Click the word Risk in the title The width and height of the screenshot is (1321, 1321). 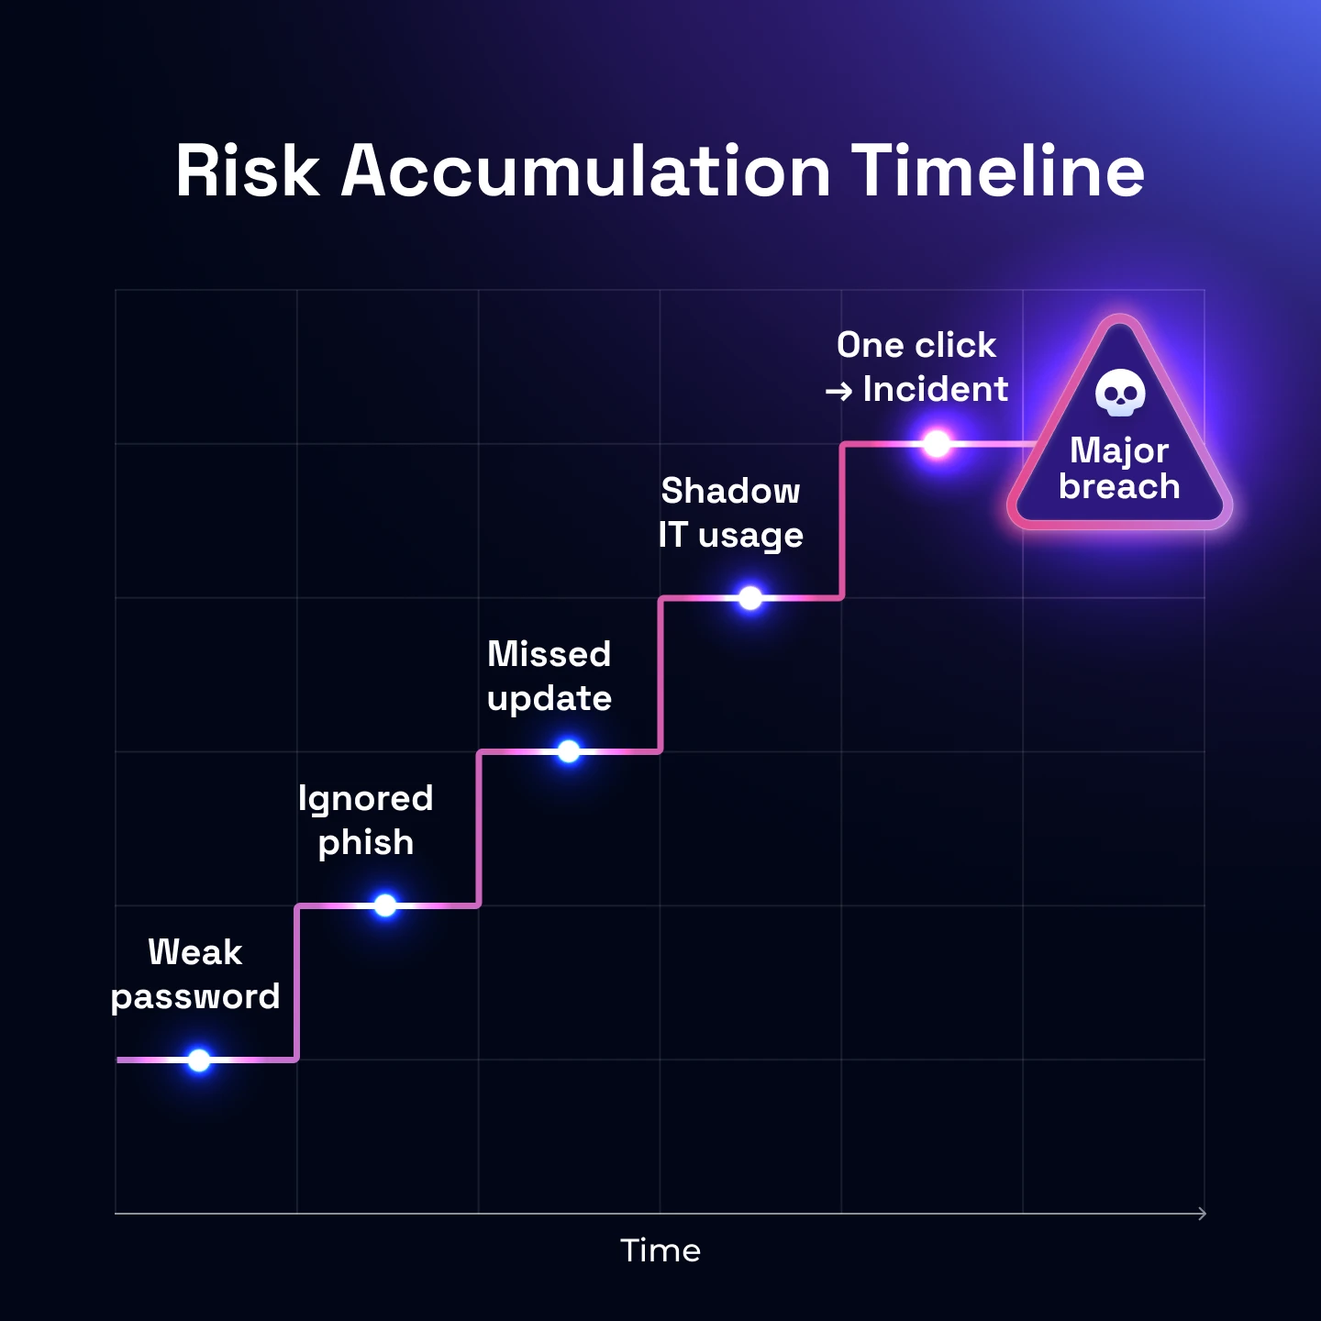click(248, 172)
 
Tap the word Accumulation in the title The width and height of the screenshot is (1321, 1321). click(586, 172)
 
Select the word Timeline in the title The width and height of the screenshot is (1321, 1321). click(998, 172)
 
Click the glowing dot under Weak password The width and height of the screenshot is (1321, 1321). click(199, 1060)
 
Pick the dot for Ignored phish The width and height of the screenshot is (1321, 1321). click(385, 905)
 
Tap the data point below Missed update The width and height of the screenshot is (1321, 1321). click(569, 751)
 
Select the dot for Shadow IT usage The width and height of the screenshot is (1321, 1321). click(750, 598)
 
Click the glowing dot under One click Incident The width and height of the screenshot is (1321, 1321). click(937, 444)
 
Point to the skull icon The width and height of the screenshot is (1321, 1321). click(1120, 393)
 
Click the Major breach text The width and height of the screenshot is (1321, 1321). click(1119, 469)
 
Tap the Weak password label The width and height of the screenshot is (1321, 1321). click(195, 974)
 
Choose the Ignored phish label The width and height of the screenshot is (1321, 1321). click(366, 820)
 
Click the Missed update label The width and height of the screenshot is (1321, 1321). click(549, 676)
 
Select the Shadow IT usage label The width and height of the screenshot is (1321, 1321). click(731, 513)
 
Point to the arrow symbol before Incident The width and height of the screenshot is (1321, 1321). click(838, 392)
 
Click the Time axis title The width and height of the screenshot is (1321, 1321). click(660, 1250)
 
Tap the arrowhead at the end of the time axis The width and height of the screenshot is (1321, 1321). click(1202, 1214)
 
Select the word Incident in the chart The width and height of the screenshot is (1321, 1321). click(936, 390)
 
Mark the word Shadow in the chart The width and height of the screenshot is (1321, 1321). click(731, 492)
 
